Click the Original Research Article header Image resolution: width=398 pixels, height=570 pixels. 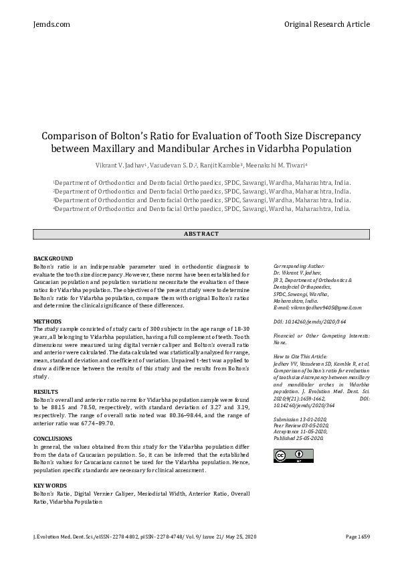tap(326, 24)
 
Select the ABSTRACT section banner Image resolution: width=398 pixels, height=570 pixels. tap(201, 233)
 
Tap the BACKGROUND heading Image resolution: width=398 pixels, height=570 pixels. tap(53, 259)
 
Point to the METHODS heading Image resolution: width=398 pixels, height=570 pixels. tap(47, 322)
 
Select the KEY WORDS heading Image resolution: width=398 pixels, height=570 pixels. tap(50, 484)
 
